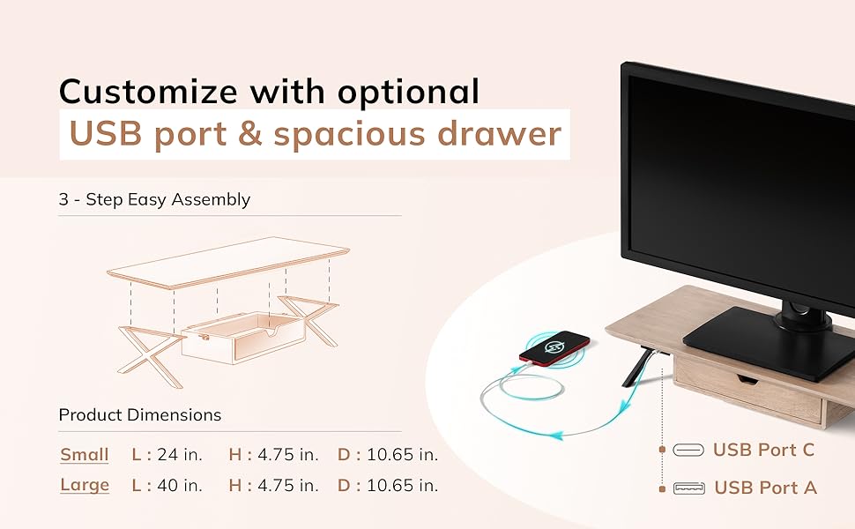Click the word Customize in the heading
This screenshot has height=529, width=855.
[x=148, y=91]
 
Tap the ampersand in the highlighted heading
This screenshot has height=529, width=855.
[x=250, y=134]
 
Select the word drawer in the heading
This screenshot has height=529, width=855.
[x=499, y=134]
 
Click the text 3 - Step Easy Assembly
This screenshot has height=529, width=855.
[x=154, y=199]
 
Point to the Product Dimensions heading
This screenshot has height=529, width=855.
[x=140, y=415]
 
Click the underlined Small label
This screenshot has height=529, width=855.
[x=85, y=455]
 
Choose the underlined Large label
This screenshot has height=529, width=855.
[x=85, y=486]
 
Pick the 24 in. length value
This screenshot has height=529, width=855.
[x=180, y=455]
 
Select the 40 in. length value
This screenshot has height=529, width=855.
[x=180, y=486]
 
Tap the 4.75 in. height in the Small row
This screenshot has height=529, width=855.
[x=288, y=455]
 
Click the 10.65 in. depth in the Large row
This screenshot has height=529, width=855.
[x=403, y=486]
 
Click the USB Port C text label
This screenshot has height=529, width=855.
[x=763, y=450]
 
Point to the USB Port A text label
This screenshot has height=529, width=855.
[x=765, y=488]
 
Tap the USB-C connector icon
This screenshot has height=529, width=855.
[x=688, y=450]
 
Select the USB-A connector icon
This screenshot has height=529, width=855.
[x=689, y=488]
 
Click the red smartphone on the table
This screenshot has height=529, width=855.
[x=554, y=348]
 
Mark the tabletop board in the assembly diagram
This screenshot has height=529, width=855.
[x=228, y=263]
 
